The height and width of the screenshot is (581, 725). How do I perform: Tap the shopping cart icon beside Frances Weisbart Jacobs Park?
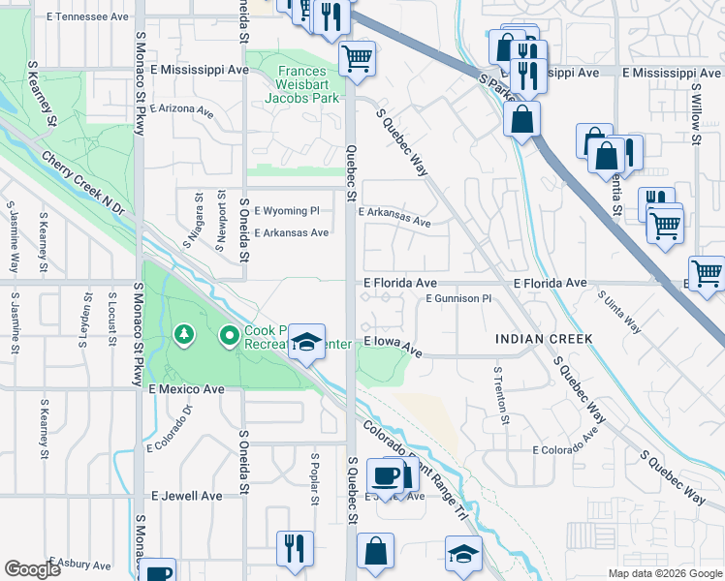[357, 58]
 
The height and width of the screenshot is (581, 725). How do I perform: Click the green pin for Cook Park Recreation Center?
[230, 336]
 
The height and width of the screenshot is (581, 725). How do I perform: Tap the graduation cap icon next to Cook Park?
[307, 343]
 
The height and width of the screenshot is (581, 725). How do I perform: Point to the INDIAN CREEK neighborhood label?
[543, 339]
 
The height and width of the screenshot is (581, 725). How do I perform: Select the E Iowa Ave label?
[393, 346]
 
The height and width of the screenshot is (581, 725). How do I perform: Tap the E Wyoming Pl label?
[286, 210]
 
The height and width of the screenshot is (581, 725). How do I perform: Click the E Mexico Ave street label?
[186, 388]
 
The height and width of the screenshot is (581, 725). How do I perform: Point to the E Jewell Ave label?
[187, 495]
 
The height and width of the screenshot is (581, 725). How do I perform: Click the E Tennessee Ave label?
[86, 17]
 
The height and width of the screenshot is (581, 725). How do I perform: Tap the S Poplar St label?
[315, 478]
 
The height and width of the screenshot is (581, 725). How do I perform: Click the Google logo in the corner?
[32, 569]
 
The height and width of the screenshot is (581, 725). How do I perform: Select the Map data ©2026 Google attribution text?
[664, 573]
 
